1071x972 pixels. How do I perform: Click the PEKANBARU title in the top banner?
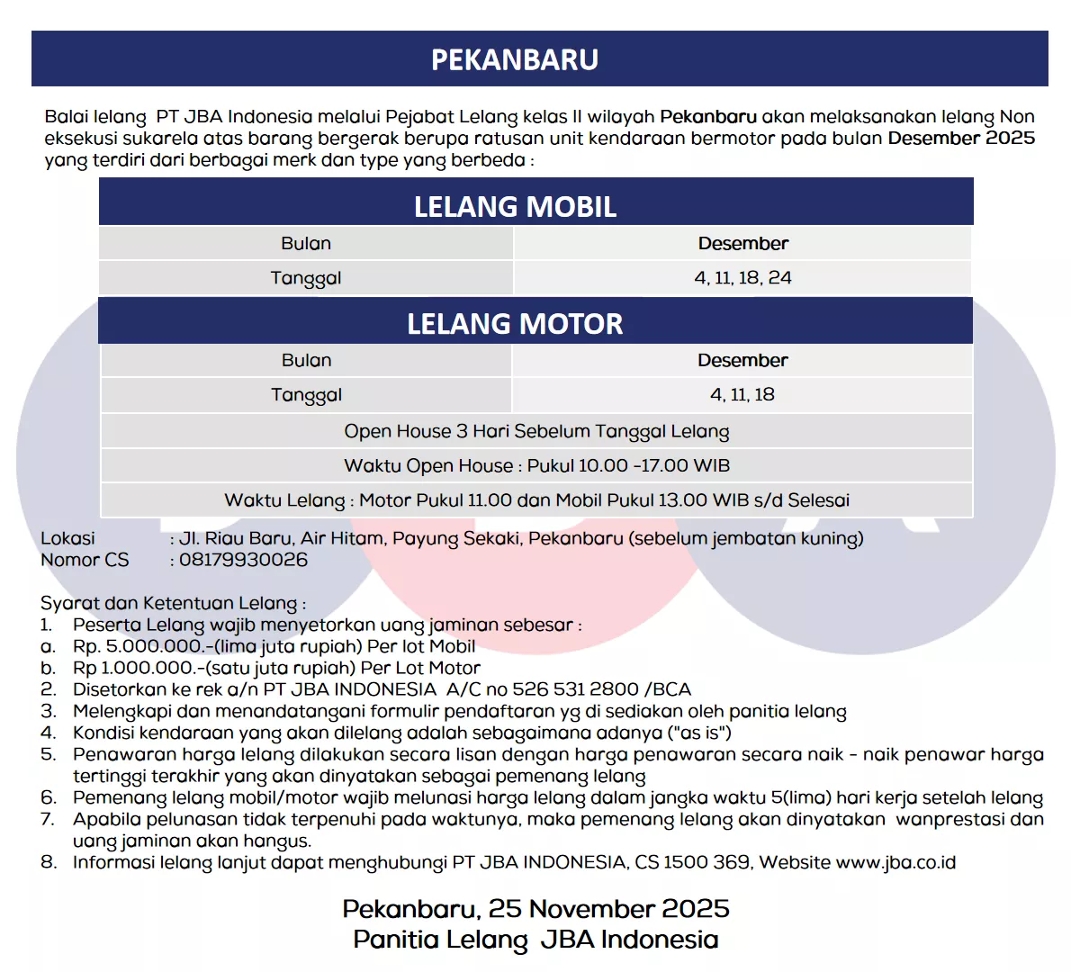pos(515,59)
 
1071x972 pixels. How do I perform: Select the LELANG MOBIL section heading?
pos(515,206)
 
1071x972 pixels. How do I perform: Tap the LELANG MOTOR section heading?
pos(515,323)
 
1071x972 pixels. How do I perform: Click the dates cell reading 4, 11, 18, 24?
pos(742,277)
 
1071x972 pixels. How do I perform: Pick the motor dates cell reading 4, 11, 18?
pos(742,394)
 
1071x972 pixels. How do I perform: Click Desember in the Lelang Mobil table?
pos(742,243)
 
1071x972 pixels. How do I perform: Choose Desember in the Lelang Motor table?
pos(742,360)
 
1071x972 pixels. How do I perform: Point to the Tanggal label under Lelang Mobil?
pos(306,278)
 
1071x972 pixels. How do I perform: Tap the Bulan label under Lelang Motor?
pos(306,360)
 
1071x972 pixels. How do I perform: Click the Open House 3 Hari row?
pos(536,431)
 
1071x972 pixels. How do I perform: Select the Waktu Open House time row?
pos(536,465)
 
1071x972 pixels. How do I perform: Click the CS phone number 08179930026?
pos(243,560)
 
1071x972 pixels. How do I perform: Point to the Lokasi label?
pos(67,538)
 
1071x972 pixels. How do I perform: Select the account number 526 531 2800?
pos(575,689)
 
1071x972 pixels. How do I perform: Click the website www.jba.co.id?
pos(895,862)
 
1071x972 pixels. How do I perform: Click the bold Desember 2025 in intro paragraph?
pos(961,138)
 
